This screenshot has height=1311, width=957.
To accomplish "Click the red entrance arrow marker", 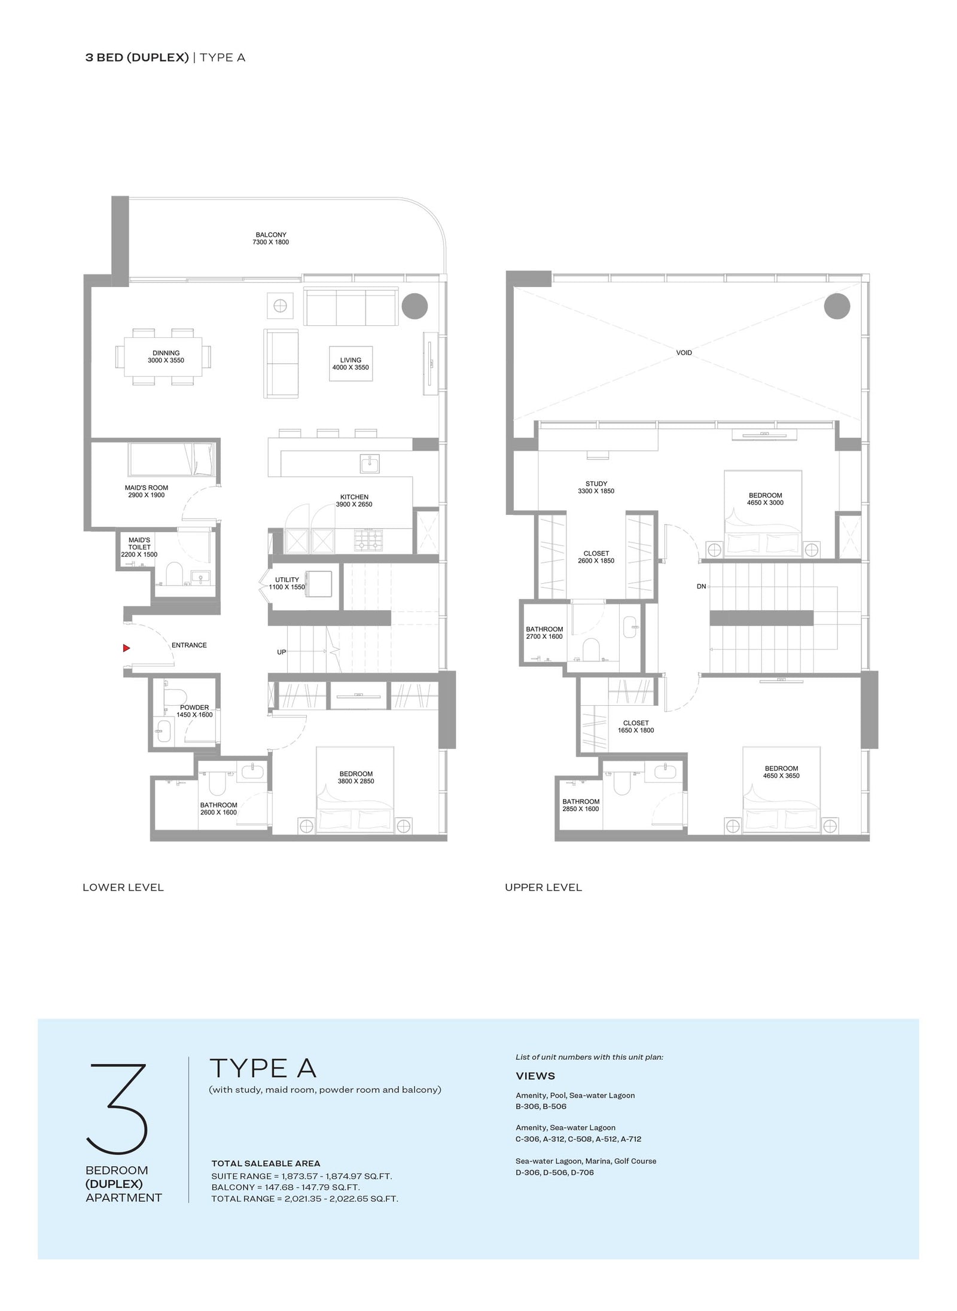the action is point(126,648).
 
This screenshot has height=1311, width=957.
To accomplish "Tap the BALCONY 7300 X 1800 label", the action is point(270,239).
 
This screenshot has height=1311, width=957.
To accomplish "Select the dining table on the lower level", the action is point(163,357).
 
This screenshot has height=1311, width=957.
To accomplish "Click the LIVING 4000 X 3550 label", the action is point(351,364).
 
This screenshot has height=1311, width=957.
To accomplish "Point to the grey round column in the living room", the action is point(415,306).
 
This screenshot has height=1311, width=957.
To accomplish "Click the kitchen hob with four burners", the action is point(367,541).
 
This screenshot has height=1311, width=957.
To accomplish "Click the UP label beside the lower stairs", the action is point(282,652).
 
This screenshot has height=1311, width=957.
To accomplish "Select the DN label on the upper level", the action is point(702,587).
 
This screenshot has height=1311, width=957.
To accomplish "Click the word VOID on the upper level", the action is point(684,353).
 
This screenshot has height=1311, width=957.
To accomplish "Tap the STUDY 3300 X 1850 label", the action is point(596,487).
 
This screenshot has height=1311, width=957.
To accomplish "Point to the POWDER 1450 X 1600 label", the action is point(194,711).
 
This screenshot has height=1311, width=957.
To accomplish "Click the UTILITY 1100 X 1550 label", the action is point(287,583).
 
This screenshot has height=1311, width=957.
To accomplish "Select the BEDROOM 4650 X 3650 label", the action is point(781,772).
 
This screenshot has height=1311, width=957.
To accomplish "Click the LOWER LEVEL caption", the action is point(123,888).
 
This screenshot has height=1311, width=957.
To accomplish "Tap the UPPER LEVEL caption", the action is point(543,888).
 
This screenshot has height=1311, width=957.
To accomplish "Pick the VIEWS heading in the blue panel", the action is point(535,1076).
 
